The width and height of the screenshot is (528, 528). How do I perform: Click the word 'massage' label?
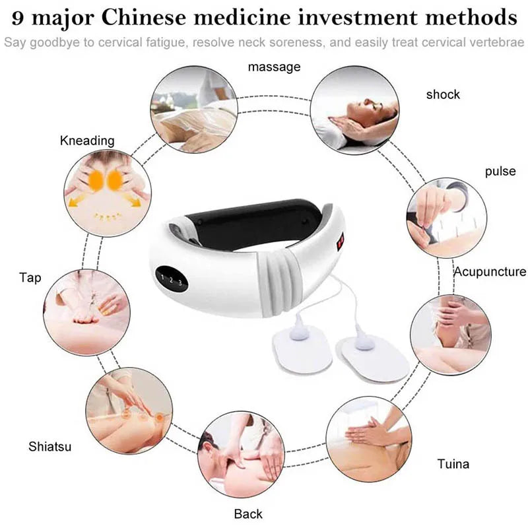coord(274,67)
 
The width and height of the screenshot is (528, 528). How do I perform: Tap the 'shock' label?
coord(443,94)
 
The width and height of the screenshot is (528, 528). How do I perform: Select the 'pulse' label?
coord(500,172)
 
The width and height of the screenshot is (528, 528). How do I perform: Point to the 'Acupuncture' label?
coord(489,271)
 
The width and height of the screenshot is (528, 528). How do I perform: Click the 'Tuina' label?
coord(453,464)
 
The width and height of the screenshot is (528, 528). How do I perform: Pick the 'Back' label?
coord(248,513)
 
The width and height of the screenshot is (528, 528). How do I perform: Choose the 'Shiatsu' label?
coord(49,447)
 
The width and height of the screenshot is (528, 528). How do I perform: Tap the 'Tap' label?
coord(30,278)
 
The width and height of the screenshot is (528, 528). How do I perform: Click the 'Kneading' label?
coord(87,141)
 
